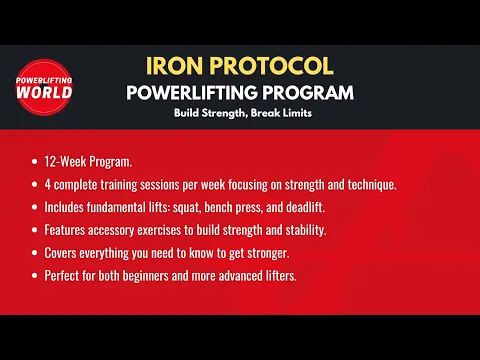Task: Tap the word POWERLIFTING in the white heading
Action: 196,93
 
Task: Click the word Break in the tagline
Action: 276,113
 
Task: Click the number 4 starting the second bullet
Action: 47,184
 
